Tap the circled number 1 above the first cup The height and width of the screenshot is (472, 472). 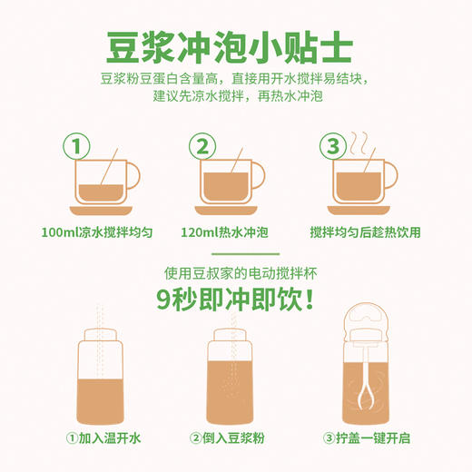click(79, 145)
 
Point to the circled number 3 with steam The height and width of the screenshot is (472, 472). click(332, 146)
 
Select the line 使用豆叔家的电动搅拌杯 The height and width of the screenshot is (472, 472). click(236, 271)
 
